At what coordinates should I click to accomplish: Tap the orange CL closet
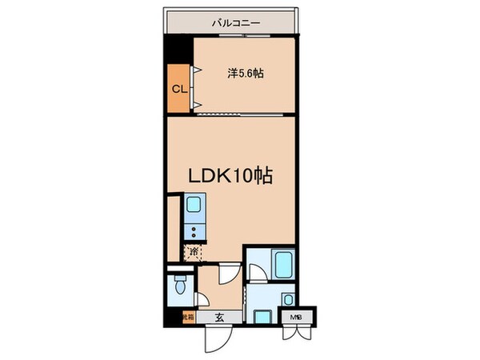click(178, 89)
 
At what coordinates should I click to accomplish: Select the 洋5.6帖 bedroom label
click(246, 73)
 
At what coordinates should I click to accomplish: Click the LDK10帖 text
click(230, 175)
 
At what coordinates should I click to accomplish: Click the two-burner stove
click(194, 232)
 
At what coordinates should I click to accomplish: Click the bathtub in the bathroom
click(283, 263)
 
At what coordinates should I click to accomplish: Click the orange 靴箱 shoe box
click(187, 318)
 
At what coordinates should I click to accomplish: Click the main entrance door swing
click(214, 338)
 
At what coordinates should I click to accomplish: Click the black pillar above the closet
click(178, 47)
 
